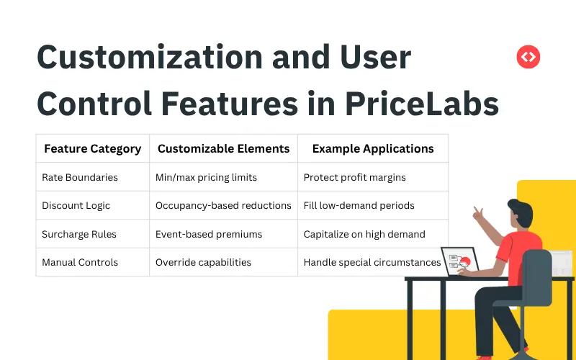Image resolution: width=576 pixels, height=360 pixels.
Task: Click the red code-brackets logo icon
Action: point(528,57)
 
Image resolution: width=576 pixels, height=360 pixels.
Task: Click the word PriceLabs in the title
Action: point(423,104)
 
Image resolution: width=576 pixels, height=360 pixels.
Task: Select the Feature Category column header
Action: point(93,149)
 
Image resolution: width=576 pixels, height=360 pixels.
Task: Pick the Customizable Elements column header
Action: point(223,149)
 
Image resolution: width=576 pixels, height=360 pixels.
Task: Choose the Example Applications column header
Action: point(373,149)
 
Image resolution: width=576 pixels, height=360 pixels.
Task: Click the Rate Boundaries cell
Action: point(80,177)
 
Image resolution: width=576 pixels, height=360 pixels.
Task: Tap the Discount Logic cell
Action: point(76,205)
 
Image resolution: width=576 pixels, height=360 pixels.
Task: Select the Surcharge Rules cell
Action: point(79,234)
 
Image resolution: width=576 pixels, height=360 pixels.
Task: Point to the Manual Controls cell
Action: point(80,262)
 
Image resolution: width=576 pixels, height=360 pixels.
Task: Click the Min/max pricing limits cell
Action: point(206,177)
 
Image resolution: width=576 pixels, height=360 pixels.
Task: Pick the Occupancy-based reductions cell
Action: point(223,205)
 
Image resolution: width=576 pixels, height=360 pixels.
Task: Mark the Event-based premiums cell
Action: point(209,234)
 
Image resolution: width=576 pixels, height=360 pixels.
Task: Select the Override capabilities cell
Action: point(203,262)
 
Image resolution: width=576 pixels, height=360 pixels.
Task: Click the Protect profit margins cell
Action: point(355,177)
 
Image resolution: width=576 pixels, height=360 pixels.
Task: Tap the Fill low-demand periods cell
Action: point(359,205)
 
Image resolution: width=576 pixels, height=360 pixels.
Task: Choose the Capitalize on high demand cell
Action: point(364,234)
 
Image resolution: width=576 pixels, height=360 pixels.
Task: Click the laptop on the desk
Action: point(456,261)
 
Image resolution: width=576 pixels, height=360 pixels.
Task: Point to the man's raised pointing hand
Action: point(477,214)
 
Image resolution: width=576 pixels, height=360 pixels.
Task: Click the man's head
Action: point(519,214)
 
